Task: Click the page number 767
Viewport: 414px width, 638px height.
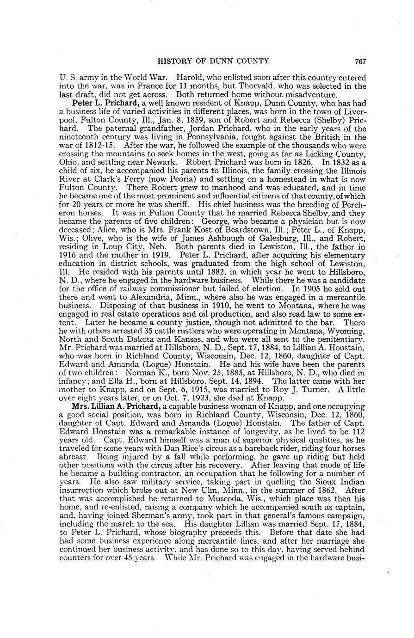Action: [361, 61]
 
